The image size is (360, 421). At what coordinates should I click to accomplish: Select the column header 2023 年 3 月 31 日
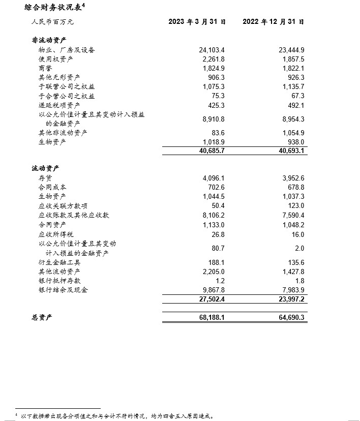tap(197, 22)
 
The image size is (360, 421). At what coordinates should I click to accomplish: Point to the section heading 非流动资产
tap(49, 40)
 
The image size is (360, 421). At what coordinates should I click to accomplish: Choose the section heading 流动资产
tap(46, 168)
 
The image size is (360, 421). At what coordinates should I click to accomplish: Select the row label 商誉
tap(45, 68)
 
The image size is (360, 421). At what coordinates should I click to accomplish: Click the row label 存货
tap(45, 178)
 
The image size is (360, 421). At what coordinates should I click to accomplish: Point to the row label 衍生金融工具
tap(59, 262)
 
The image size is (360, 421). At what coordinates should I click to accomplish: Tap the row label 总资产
tap(42, 318)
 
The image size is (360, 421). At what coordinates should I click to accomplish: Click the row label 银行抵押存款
tap(59, 281)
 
